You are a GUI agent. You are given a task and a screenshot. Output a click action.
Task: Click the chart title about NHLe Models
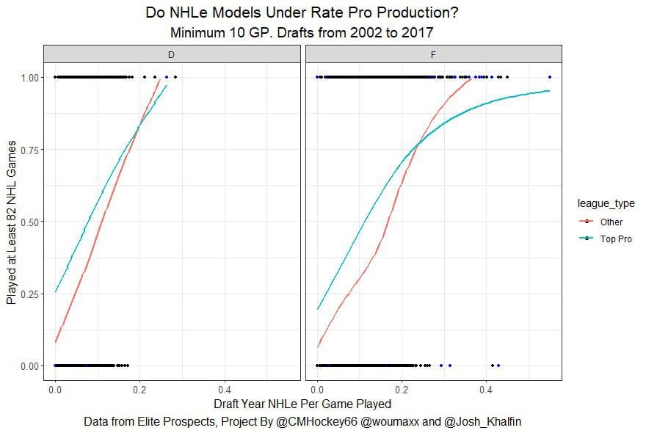click(302, 13)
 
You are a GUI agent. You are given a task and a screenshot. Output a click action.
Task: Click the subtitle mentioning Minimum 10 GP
click(302, 33)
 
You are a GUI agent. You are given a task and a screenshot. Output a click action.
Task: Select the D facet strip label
click(172, 54)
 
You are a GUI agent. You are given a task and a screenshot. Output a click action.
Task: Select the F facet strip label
click(433, 54)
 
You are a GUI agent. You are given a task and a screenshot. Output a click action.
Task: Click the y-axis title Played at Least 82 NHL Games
click(11, 222)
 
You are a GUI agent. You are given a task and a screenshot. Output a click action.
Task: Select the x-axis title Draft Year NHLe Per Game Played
click(302, 404)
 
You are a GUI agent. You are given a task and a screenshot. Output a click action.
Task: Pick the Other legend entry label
click(611, 222)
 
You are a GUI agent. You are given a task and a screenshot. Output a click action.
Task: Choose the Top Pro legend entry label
click(615, 239)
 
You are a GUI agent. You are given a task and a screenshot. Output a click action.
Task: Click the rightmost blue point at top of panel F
click(550, 77)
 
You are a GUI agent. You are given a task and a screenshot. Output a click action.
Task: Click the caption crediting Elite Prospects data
click(302, 422)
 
